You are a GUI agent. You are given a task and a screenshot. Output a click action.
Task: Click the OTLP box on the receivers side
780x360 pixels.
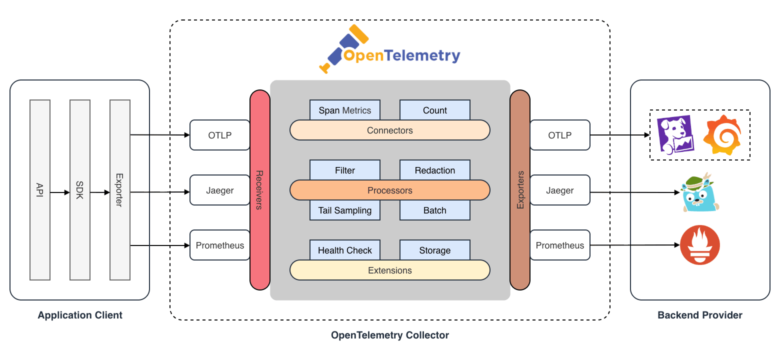(x=219, y=135)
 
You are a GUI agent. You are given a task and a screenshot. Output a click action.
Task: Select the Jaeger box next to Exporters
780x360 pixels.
(x=559, y=190)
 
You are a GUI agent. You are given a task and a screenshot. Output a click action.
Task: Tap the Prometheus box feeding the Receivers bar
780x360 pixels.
(x=219, y=245)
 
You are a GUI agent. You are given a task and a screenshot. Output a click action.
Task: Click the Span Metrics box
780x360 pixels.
(x=344, y=110)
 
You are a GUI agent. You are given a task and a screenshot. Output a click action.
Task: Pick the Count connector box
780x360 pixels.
(x=434, y=110)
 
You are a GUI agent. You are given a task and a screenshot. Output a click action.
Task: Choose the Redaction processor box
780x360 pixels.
(x=434, y=170)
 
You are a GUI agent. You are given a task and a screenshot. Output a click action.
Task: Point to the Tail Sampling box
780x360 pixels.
(x=344, y=210)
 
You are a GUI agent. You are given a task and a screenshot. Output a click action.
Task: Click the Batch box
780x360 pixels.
(x=434, y=210)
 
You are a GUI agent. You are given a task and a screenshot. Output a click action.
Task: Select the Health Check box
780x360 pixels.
(x=344, y=250)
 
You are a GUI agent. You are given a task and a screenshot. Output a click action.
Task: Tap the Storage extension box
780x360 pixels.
(x=434, y=250)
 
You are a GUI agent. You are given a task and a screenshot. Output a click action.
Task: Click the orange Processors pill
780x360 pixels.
(x=389, y=190)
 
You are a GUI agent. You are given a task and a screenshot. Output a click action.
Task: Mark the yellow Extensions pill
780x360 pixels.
(x=389, y=270)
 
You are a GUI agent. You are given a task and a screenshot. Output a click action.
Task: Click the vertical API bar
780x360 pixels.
(x=40, y=190)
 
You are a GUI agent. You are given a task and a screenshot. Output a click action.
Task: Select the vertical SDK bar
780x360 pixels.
(x=80, y=190)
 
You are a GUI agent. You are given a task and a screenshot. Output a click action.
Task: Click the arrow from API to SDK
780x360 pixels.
(x=60, y=192)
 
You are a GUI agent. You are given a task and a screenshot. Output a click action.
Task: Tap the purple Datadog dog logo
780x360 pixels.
(x=674, y=134)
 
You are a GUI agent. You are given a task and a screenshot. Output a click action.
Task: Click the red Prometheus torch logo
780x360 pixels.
(x=699, y=245)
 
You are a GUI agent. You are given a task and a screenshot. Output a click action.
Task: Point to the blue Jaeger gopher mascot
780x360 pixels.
(x=699, y=192)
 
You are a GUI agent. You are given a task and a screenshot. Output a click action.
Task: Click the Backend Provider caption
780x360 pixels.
(x=699, y=315)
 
